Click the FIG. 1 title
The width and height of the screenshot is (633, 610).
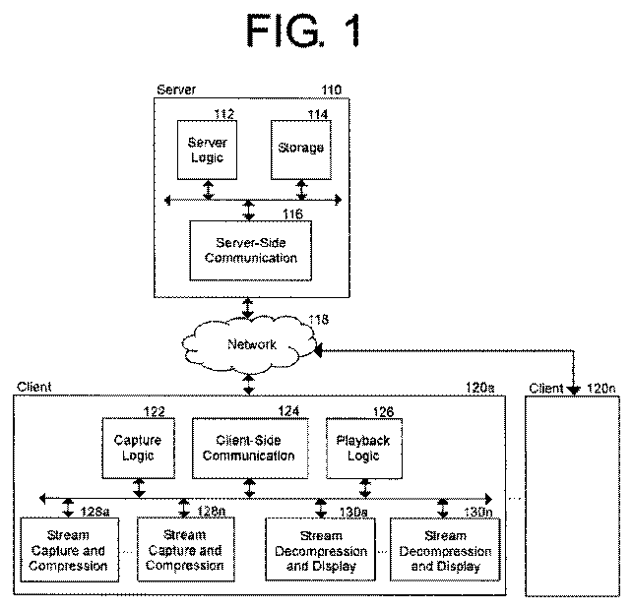303,30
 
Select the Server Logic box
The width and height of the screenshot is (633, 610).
207,151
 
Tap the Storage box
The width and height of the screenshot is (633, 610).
301,151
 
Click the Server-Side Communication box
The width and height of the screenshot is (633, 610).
251,251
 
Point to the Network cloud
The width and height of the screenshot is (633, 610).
249,344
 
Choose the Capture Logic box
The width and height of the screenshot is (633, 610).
139,449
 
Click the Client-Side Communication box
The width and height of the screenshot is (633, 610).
250,449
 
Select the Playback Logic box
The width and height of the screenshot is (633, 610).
364,449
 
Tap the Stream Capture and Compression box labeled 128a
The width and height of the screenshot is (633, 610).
70,550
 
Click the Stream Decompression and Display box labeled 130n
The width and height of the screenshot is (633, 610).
445,550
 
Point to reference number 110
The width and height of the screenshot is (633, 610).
332,90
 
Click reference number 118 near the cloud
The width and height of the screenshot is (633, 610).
319,320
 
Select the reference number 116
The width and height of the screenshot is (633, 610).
292,213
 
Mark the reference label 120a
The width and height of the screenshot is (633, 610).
480,388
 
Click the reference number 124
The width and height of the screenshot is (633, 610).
288,411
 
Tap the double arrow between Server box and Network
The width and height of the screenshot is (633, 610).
247,308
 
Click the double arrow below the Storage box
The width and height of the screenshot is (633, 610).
301,190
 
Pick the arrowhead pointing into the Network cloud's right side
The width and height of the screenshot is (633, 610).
318,350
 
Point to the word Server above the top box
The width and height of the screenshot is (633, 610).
176,90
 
